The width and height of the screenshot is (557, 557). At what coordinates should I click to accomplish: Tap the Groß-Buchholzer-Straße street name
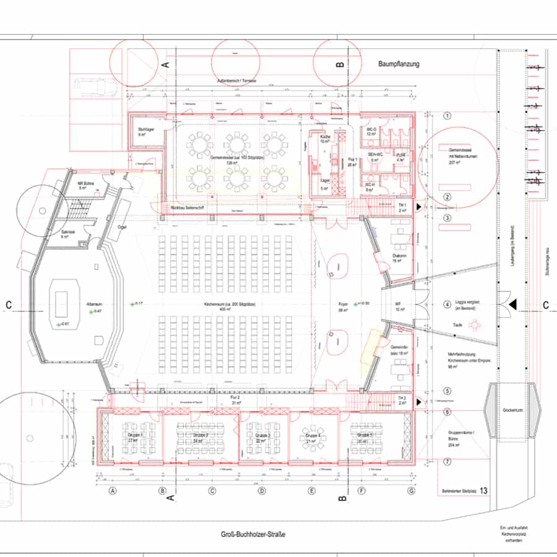coord(254,535)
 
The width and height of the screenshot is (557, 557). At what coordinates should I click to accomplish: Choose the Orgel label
coord(122,227)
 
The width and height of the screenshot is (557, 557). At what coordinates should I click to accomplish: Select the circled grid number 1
coord(446,116)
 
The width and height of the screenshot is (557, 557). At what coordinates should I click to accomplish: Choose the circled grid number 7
coord(446,462)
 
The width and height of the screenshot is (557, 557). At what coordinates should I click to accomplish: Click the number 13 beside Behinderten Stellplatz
coord(483,491)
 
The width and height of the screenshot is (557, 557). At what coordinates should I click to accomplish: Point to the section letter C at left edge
coord(8,304)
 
